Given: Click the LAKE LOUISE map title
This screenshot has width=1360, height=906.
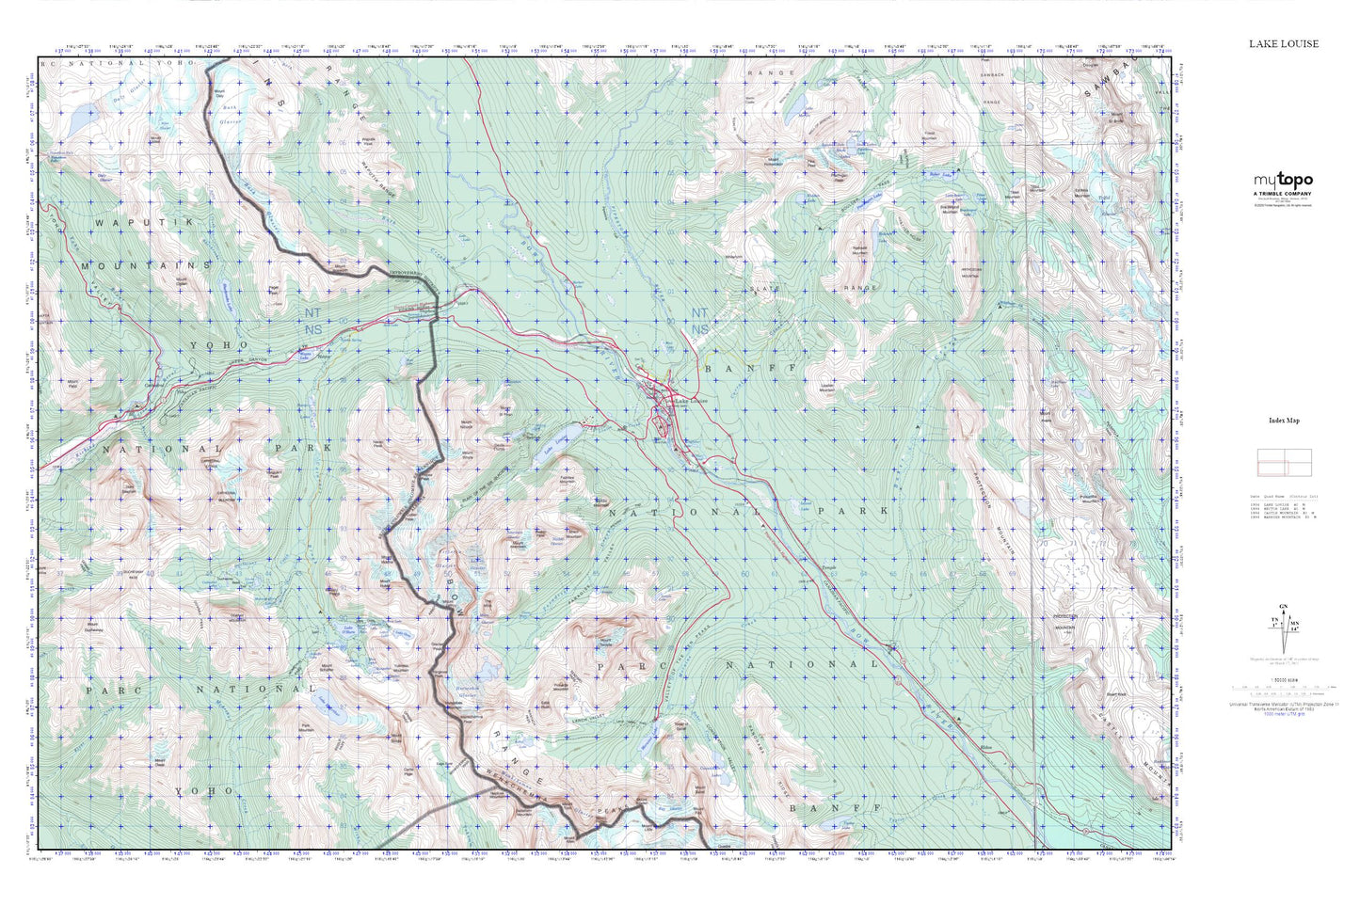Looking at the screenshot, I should [x=1284, y=43].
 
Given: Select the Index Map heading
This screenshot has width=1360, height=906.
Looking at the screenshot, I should [x=1284, y=421].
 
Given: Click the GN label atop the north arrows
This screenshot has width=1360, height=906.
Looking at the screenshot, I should [x=1283, y=606].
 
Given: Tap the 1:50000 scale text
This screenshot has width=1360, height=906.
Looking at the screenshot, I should [x=1283, y=680].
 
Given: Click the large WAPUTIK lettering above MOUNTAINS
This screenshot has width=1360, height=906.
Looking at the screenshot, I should [x=129, y=221].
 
